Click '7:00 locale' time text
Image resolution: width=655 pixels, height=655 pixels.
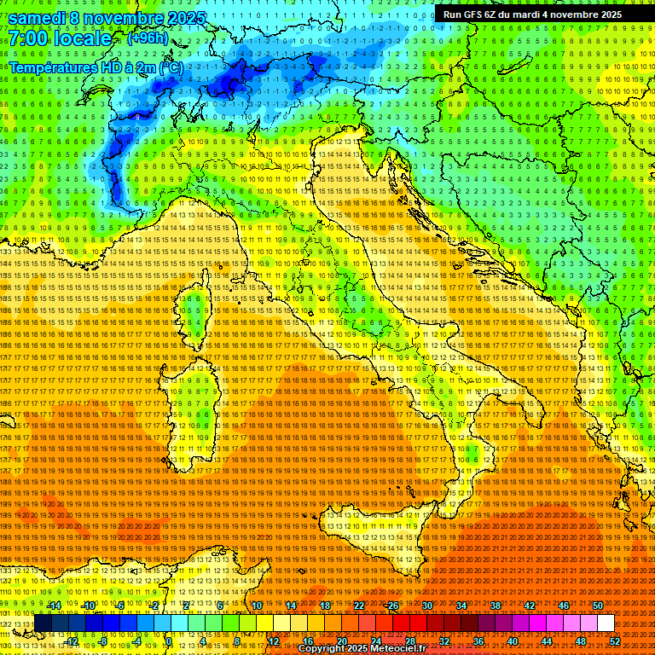click(61, 38)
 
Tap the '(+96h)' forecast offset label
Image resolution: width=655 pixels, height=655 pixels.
click(148, 38)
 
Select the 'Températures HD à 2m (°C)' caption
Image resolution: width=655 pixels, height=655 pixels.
click(96, 67)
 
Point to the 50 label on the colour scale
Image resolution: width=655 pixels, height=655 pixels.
click(597, 606)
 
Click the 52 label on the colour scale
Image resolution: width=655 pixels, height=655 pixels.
click(614, 641)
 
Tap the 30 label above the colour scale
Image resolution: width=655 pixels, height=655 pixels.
click(426, 606)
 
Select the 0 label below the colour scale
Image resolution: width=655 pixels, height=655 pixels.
click(170, 641)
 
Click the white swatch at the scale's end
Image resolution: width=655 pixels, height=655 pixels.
click(606, 623)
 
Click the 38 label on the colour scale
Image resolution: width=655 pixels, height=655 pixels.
click(495, 606)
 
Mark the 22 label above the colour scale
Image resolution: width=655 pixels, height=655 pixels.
click(358, 606)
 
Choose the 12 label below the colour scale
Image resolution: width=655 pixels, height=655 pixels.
click(273, 641)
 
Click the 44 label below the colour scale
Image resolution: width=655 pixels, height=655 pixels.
click(546, 641)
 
